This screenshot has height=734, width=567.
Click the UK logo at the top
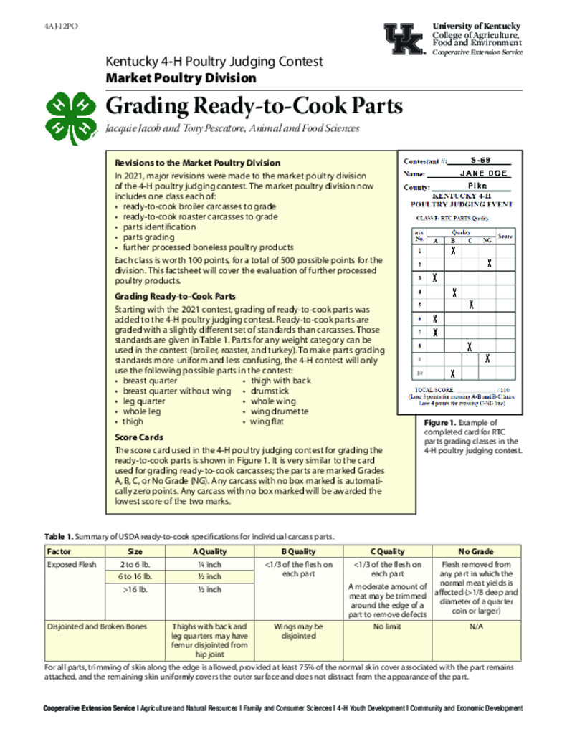tap(405, 39)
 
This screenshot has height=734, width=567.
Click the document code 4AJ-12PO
tap(61, 26)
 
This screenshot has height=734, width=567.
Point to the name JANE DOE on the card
tap(484, 173)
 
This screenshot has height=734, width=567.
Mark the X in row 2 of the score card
tap(489, 264)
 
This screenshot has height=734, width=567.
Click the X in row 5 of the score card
tap(471, 305)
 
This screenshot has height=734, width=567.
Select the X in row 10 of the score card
tap(453, 373)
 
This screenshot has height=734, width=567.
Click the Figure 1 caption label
tap(439, 424)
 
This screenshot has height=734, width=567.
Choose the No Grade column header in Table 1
tap(476, 551)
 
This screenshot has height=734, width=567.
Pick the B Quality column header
tap(298, 551)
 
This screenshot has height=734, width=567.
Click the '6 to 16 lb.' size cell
tap(135, 576)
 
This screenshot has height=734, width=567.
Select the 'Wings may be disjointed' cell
tap(298, 631)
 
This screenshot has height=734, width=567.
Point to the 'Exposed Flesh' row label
tap(72, 564)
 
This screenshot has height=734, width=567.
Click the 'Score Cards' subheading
tap(139, 437)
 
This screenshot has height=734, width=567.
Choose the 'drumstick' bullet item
tap(270, 391)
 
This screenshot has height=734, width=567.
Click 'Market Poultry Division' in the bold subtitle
tap(181, 77)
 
